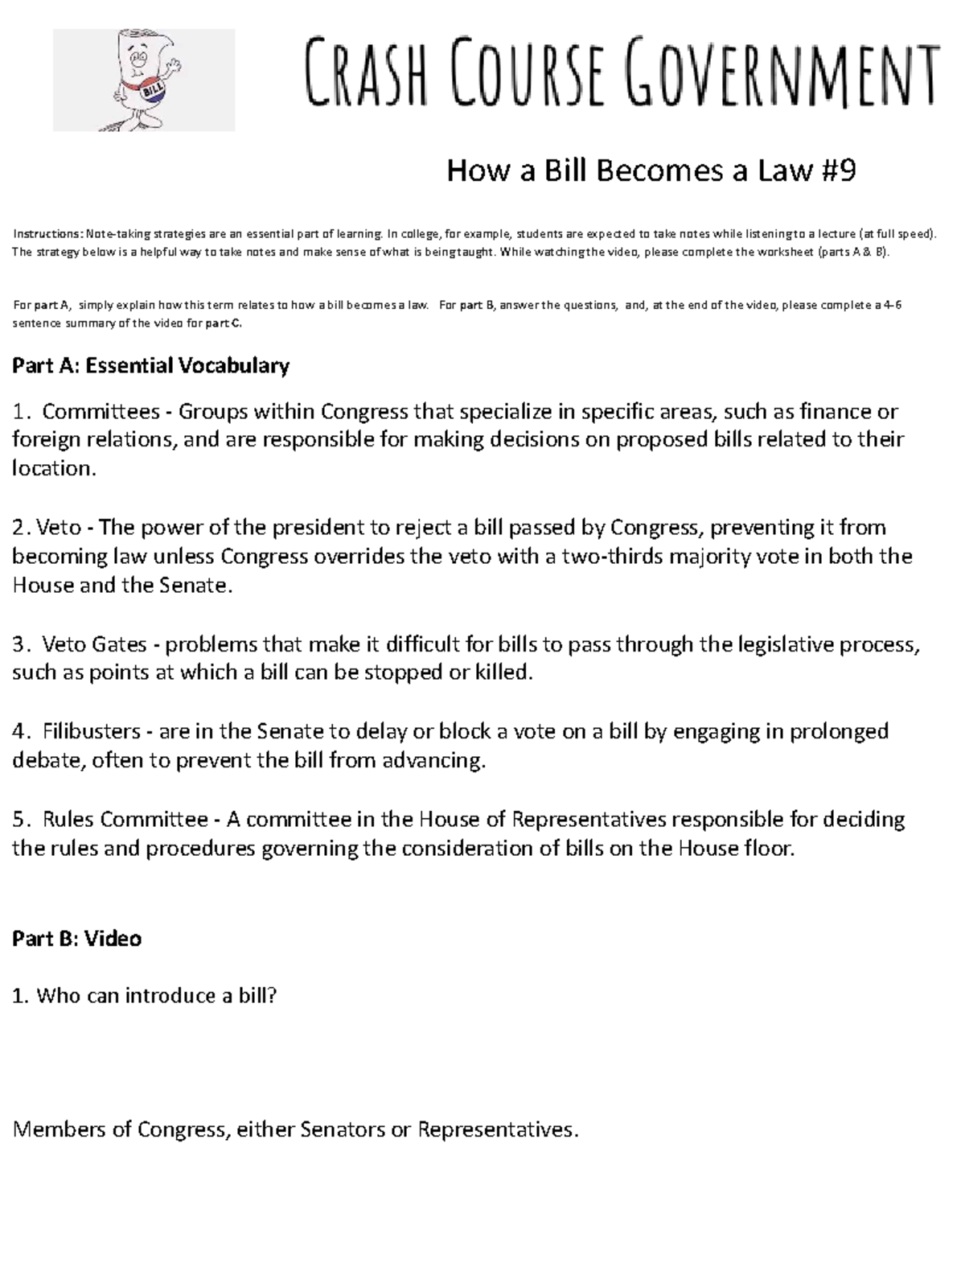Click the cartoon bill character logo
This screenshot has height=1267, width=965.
point(143,80)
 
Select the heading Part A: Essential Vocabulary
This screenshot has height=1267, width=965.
point(150,366)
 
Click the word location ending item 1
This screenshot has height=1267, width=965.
point(53,469)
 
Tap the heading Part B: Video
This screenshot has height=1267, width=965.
point(77,939)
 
